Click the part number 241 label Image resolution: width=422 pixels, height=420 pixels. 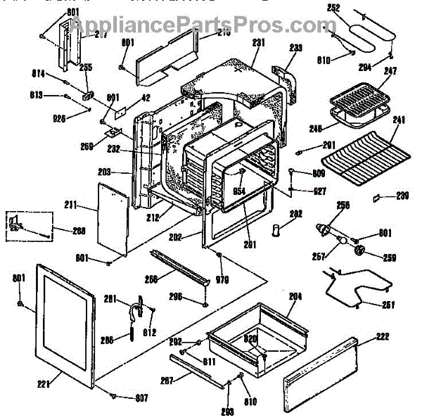pos(399,120)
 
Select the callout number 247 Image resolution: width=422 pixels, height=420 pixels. pos(391,70)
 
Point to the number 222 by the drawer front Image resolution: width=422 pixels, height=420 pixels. pos(383,338)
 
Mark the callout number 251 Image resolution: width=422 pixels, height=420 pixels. pos(388,305)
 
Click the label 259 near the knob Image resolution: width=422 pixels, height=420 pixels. pos(390,257)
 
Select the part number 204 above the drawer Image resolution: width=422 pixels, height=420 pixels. pos(294,298)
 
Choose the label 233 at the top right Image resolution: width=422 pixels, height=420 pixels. pos(295,49)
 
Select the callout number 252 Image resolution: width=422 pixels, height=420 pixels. pos(333,8)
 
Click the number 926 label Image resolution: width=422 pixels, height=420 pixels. pos(59,118)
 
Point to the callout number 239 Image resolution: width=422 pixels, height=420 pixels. pos(402,195)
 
